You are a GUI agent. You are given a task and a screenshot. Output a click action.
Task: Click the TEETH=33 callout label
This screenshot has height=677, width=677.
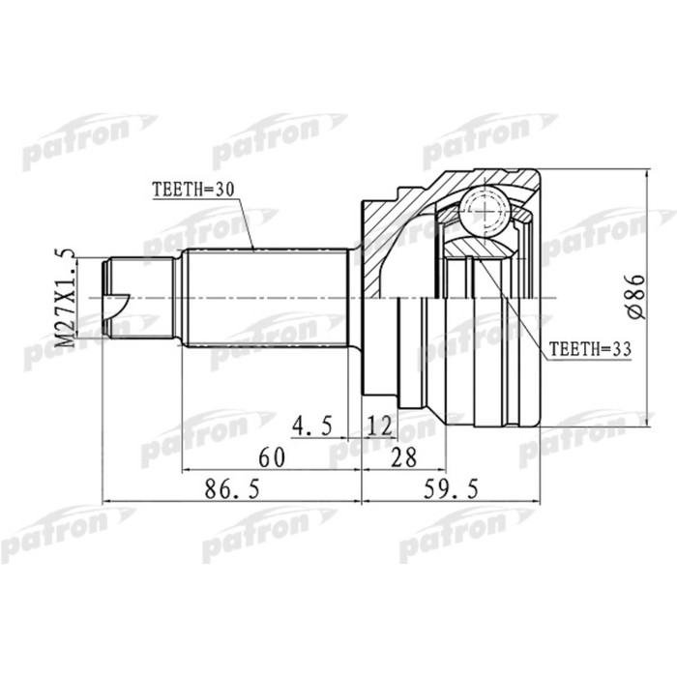(585, 347)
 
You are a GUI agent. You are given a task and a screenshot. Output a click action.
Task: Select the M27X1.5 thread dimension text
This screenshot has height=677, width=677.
(66, 297)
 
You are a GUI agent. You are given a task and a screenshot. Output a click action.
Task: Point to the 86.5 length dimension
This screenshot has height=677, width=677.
(232, 490)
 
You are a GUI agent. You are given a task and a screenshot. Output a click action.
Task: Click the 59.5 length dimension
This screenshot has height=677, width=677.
(452, 490)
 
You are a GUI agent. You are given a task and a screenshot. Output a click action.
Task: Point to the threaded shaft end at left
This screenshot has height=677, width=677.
(140, 297)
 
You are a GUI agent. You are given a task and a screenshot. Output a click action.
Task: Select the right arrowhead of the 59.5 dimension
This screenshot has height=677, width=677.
(538, 502)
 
